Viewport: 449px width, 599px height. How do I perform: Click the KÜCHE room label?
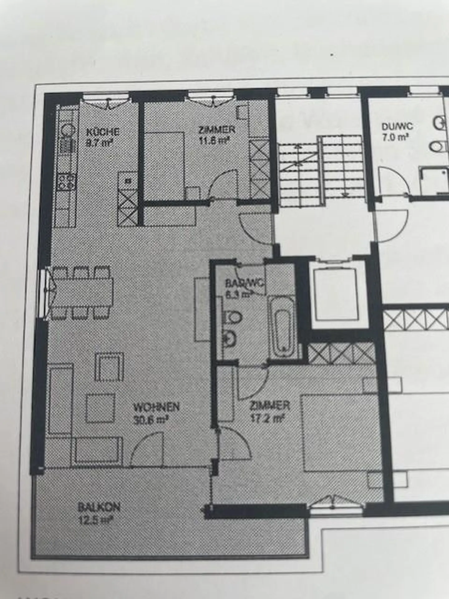(x=103, y=131)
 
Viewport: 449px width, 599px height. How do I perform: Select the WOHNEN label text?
(x=156, y=407)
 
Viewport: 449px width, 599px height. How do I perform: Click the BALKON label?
(x=99, y=507)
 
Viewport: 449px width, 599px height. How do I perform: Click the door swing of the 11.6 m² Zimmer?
(x=224, y=185)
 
